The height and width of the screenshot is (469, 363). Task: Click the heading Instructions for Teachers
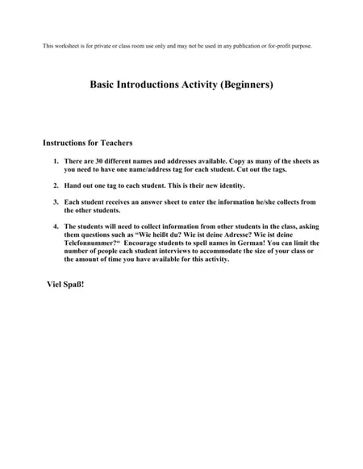tap(87, 143)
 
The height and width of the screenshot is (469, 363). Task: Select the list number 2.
tap(55, 185)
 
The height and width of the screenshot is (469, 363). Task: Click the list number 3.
tap(55, 202)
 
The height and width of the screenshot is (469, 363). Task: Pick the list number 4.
tap(55, 226)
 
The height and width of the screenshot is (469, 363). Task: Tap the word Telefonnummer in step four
tap(90, 243)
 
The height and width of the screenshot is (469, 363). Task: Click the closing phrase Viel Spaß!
tap(66, 285)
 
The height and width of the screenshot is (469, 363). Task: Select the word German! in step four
tap(260, 243)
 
